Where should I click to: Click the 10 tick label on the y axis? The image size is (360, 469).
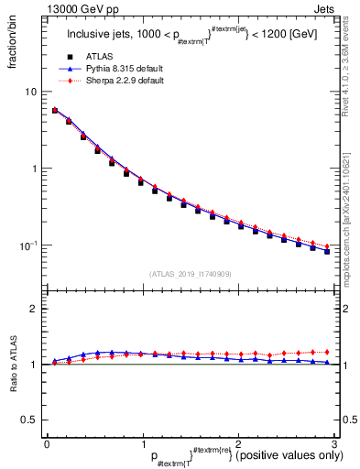[x=31, y=92]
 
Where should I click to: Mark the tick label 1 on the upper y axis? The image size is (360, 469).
[x=34, y=169]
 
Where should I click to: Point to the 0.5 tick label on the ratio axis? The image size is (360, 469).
[x=29, y=420]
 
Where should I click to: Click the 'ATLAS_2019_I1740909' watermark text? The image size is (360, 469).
[x=190, y=274]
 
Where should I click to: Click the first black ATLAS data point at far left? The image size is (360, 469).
[x=55, y=111]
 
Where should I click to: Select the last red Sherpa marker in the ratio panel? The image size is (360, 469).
[x=327, y=352]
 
